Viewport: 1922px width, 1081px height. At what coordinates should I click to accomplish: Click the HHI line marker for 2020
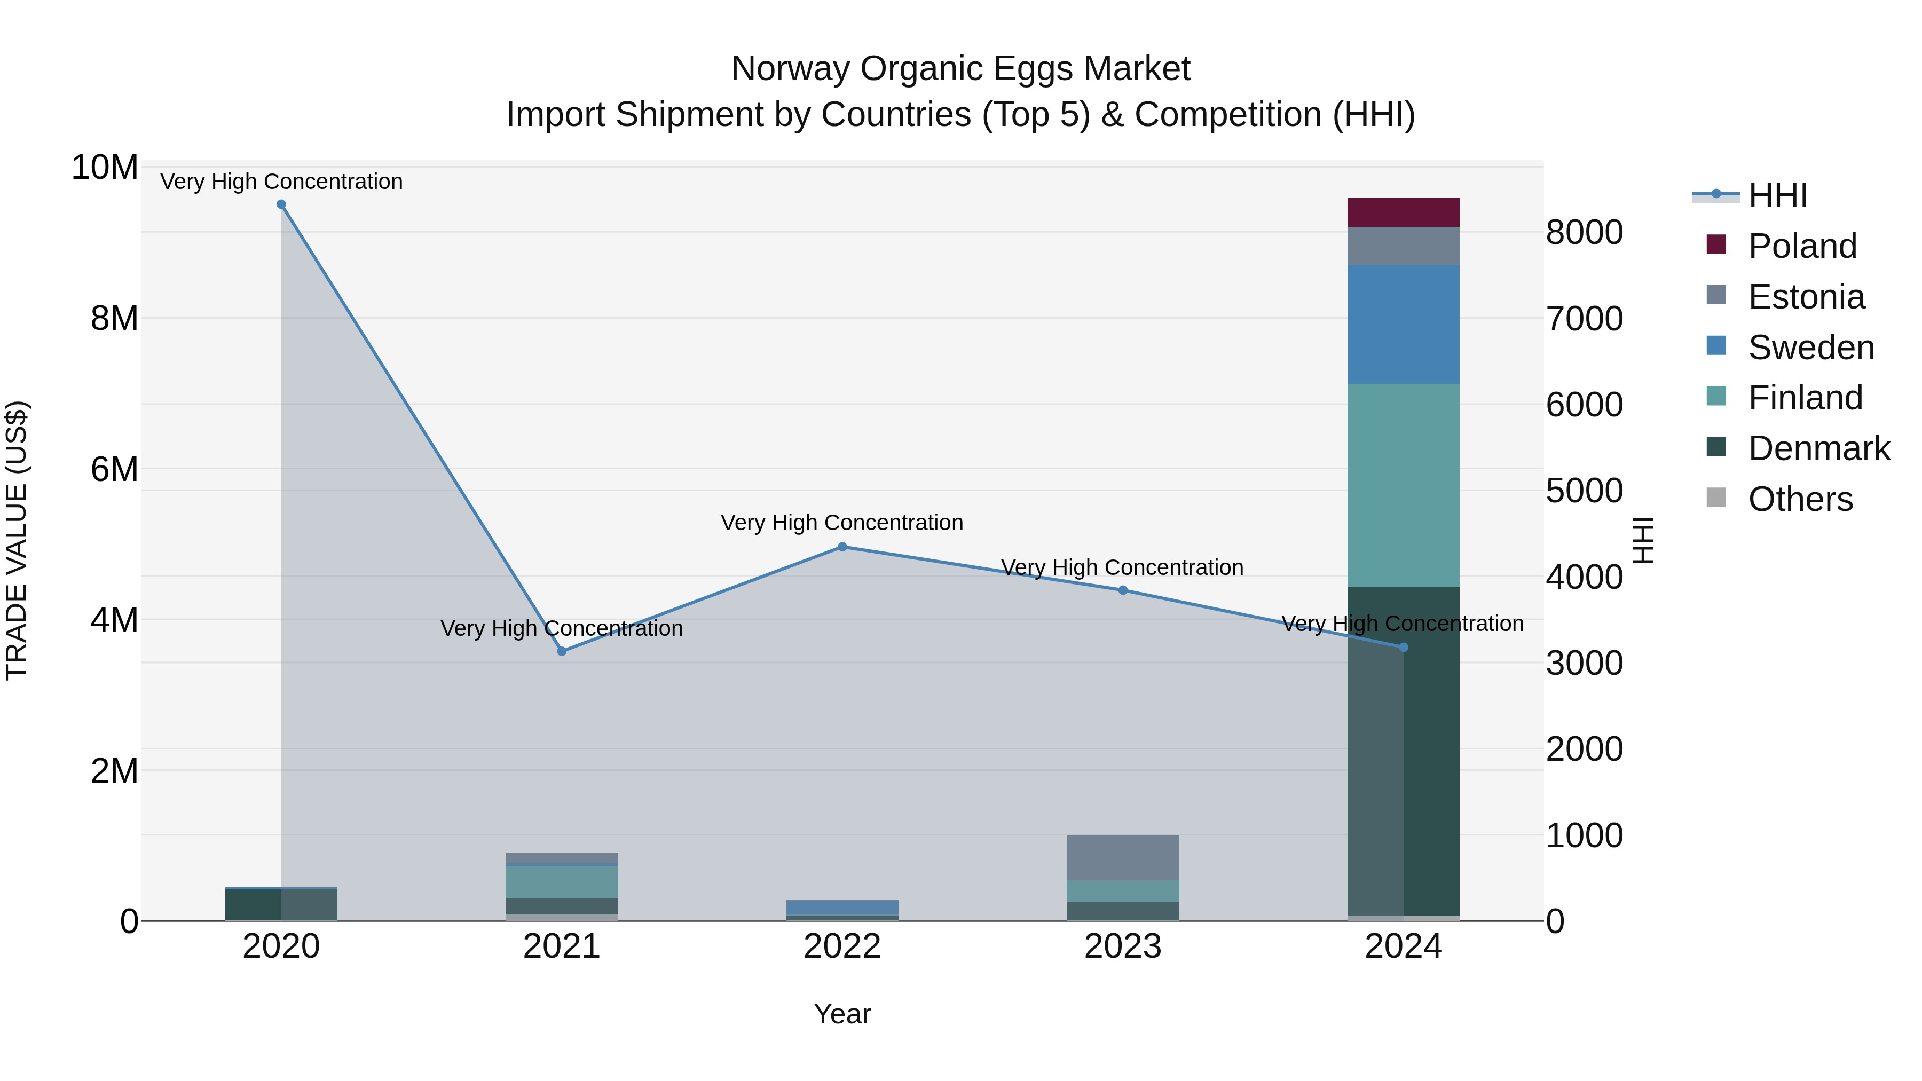(281, 204)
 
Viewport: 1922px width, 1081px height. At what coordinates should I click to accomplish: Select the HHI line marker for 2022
(842, 547)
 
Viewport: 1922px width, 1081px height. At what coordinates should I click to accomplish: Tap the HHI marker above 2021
(562, 651)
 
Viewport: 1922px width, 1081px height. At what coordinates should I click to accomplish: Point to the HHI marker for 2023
(1123, 590)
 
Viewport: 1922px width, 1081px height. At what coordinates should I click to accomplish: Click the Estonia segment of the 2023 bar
(1123, 857)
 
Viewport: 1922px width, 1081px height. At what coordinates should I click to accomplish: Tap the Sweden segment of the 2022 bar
(842, 907)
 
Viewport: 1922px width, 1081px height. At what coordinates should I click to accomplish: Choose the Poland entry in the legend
(1802, 246)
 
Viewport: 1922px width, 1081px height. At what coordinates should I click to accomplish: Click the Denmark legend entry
(1818, 448)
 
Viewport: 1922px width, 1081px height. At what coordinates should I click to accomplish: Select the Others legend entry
(1800, 499)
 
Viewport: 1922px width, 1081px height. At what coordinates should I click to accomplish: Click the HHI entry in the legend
(1777, 195)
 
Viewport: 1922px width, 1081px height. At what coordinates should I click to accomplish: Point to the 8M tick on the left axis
(114, 319)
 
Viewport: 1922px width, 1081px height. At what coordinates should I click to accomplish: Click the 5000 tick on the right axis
(1584, 491)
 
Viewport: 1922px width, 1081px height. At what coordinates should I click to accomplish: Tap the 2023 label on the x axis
(1123, 946)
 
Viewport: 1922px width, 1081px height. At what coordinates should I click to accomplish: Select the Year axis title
(842, 1014)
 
